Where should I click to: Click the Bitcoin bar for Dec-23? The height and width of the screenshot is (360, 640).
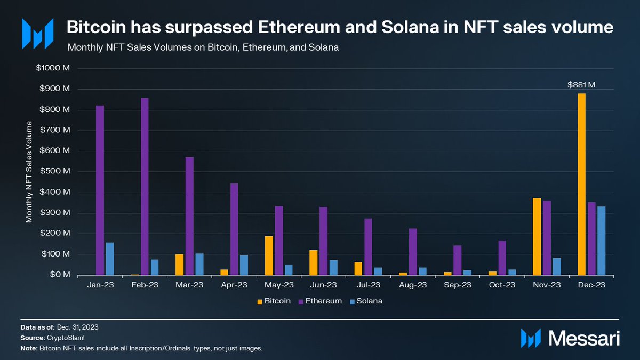pos(581,184)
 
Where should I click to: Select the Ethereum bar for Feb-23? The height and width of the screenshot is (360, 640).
pos(145,187)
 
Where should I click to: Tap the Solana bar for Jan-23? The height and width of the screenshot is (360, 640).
pos(110,259)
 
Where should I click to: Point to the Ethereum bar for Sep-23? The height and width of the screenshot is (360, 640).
pos(458,260)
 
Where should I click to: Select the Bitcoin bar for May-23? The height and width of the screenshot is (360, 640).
pos(269,255)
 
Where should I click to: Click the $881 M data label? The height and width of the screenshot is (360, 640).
pos(581,84)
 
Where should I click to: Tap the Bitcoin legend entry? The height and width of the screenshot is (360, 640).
pos(274,301)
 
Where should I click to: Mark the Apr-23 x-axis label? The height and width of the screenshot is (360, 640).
pos(234,285)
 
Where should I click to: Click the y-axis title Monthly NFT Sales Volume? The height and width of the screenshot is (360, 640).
pos(29,172)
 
